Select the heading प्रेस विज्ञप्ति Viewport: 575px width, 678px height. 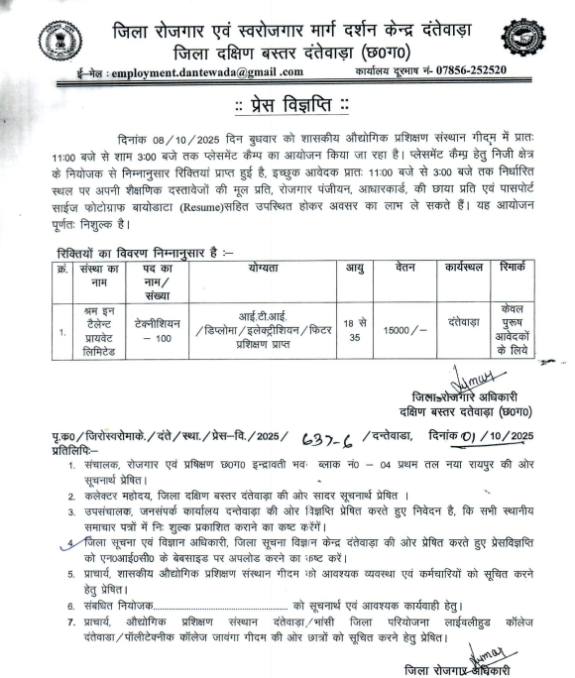pos(287,106)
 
